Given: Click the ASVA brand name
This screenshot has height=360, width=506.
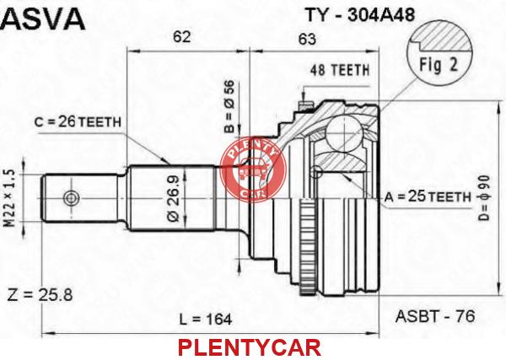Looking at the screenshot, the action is pos(43,19).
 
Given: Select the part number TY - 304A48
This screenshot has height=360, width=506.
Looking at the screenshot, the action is pos(360,15).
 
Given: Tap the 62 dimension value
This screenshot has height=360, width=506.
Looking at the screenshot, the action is pos(181,37).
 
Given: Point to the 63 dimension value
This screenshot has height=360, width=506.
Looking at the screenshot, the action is pos(307,39).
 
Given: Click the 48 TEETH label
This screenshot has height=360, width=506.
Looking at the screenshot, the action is pos(340,70).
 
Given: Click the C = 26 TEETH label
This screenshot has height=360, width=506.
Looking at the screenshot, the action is pos(78,122).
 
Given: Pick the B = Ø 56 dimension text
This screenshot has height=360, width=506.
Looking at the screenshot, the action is pos(229,107).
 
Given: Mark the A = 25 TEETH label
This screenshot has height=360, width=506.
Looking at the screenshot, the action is pos(428,196).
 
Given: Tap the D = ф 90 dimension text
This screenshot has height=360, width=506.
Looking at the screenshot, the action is pos(484,197).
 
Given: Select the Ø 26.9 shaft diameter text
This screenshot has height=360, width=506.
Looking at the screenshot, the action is pos(173,197).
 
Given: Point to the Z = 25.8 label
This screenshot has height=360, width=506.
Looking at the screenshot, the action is pos(40,294).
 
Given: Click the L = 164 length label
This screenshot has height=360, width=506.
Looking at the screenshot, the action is pos(206,320).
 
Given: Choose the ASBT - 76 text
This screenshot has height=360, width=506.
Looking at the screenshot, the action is pos(435,316).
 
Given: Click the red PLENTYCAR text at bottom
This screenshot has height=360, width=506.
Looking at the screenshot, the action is pos(250,347).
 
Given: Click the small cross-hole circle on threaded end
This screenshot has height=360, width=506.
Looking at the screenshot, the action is pos(71,198).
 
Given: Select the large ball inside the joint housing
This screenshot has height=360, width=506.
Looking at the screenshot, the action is pos(343,132).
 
